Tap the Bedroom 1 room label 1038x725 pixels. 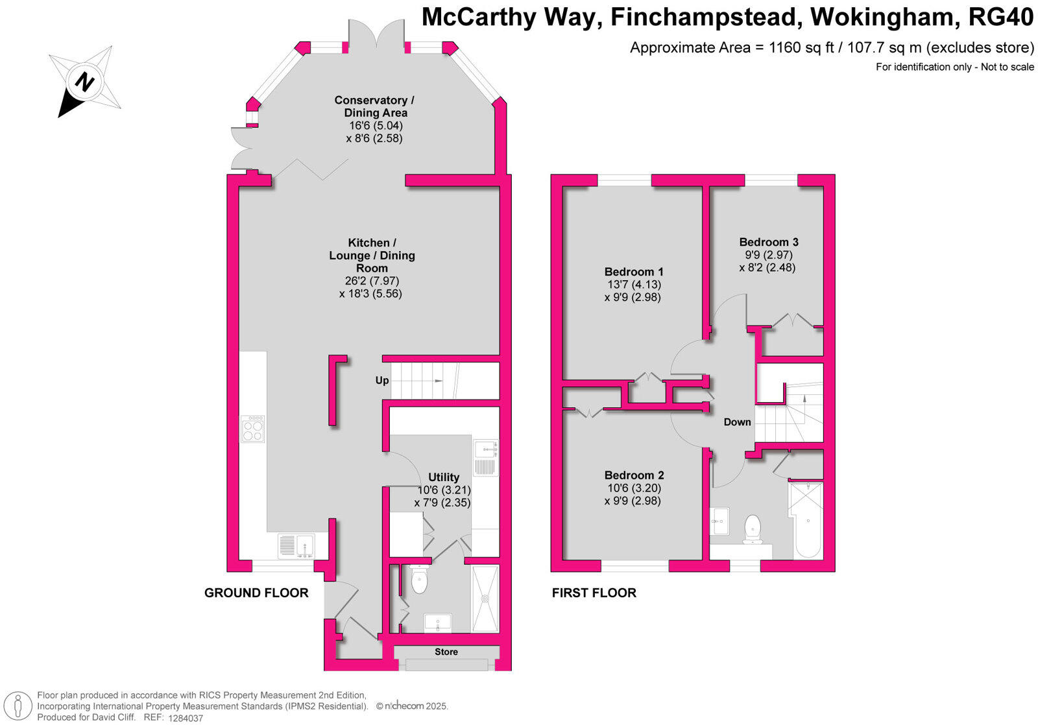click(633, 272)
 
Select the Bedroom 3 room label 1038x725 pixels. click(768, 243)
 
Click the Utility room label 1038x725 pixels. click(443, 477)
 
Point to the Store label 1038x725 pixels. click(446, 652)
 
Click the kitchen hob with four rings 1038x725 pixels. click(253, 429)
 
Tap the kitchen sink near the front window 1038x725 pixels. click(296, 545)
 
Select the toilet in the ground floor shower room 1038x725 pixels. click(420, 580)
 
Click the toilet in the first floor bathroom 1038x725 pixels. click(753, 528)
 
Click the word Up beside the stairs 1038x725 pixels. click(382, 380)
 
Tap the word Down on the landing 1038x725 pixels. click(737, 422)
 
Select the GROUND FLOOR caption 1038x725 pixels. click(256, 593)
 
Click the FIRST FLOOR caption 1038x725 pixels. click(594, 593)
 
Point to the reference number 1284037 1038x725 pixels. click(186, 718)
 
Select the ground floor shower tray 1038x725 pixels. click(485, 599)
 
